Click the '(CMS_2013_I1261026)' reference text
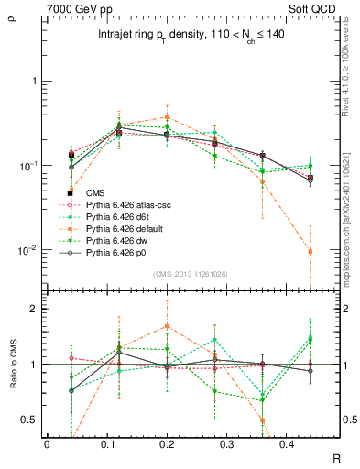click(190, 274)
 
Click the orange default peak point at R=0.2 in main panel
click(167, 116)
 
